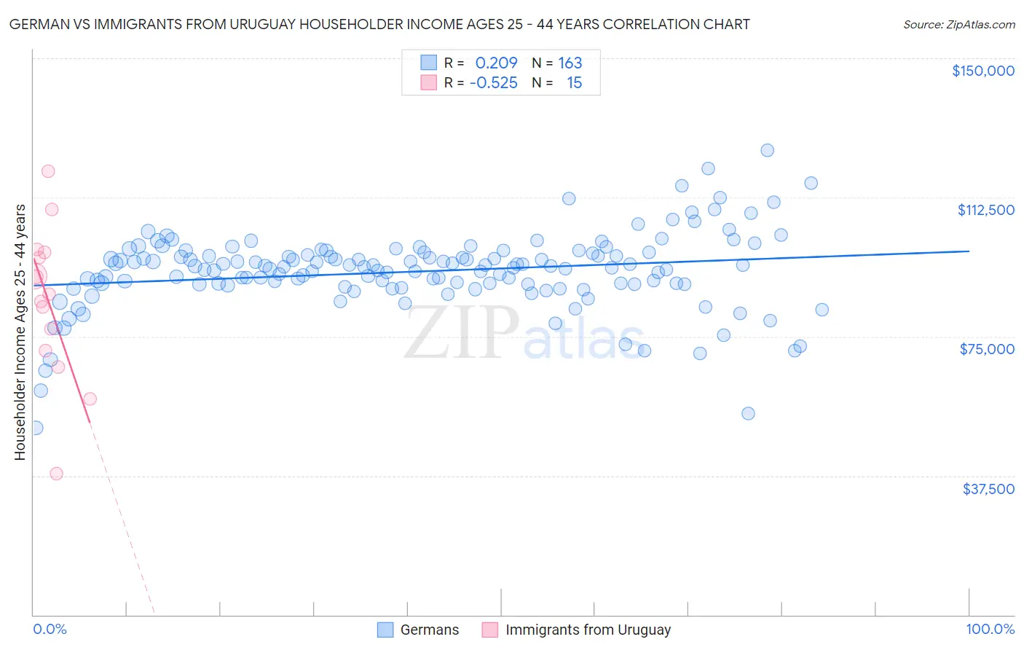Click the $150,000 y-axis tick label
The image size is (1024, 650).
click(982, 71)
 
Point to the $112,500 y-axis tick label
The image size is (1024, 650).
click(985, 210)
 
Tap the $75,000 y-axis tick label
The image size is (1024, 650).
click(987, 349)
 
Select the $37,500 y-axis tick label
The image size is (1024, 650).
click(988, 489)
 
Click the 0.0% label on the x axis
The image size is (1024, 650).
click(50, 630)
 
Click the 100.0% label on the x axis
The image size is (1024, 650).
click(990, 630)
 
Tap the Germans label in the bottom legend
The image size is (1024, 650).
click(430, 630)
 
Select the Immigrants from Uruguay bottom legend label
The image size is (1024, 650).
click(588, 630)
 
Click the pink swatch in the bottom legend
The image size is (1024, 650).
click(490, 630)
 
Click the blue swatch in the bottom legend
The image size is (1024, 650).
click(385, 630)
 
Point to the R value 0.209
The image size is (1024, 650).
click(496, 63)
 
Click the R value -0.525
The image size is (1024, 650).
click(493, 83)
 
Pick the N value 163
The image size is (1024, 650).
click(570, 63)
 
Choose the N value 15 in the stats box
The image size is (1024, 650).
click(574, 83)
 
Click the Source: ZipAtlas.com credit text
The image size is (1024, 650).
click(958, 25)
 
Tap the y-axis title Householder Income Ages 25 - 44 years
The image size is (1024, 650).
click(20, 332)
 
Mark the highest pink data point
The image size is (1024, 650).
click(48, 171)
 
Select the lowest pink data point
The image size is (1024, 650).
click(56, 474)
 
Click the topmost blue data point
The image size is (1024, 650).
click(767, 150)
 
